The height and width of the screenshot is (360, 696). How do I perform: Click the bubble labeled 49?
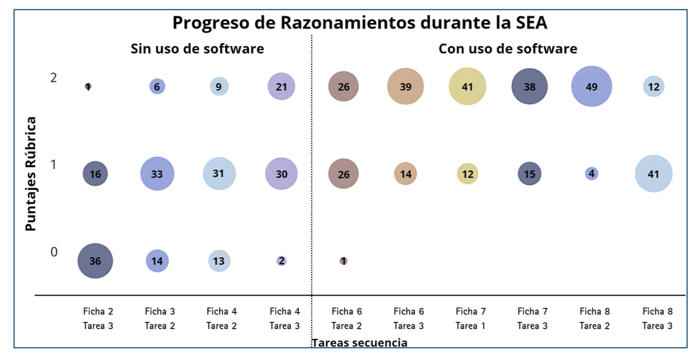tap(591, 87)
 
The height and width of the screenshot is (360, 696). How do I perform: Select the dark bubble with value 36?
tap(95, 261)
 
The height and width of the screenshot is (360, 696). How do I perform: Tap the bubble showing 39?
tap(405, 87)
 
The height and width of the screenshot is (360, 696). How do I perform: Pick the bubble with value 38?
tap(529, 87)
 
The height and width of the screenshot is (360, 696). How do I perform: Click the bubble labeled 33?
tap(157, 174)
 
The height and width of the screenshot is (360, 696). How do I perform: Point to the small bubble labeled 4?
tap(591, 174)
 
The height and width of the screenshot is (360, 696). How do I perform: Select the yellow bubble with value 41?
tap(467, 87)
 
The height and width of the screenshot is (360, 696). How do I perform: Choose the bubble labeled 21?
tap(281, 87)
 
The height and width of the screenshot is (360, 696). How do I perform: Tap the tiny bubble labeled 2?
tap(281, 261)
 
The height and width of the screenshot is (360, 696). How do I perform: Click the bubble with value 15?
tap(529, 174)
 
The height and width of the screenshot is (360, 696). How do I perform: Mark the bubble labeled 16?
tap(95, 174)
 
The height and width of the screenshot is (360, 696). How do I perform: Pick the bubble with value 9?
tap(219, 87)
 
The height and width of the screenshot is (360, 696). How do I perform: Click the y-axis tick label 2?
tap(54, 78)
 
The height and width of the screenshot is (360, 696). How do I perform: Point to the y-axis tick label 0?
tap(54, 252)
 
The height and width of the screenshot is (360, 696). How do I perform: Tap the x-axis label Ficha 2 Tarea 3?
tap(98, 319)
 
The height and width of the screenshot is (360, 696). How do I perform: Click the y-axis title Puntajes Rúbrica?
tap(31, 174)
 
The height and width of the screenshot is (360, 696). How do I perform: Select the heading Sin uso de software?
tap(197, 49)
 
